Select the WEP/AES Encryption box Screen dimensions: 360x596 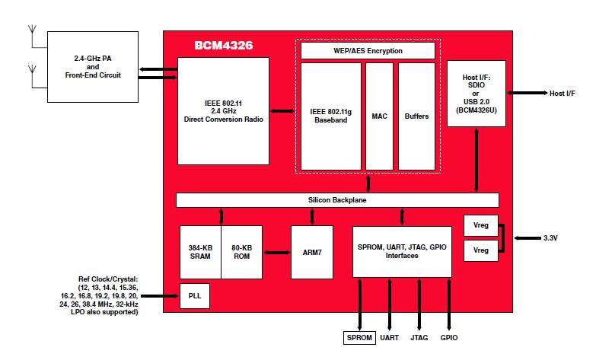tap(368, 51)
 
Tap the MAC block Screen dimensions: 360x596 tap(379, 116)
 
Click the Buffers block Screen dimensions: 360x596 tap(416, 116)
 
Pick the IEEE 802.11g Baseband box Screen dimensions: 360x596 tap(330, 116)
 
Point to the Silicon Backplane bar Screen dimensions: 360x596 tap(337, 200)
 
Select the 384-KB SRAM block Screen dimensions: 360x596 tap(200, 251)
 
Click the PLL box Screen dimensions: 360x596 tap(194, 295)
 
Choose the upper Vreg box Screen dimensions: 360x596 tap(480, 226)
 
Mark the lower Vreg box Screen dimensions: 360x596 tap(480, 250)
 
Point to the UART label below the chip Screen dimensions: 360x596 tap(389, 336)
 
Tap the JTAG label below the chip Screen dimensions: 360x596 tap(419, 336)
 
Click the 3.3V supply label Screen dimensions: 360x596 tap(551, 238)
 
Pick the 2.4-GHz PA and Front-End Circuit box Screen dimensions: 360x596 tap(93, 66)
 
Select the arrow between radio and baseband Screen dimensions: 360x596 tap(282, 112)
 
